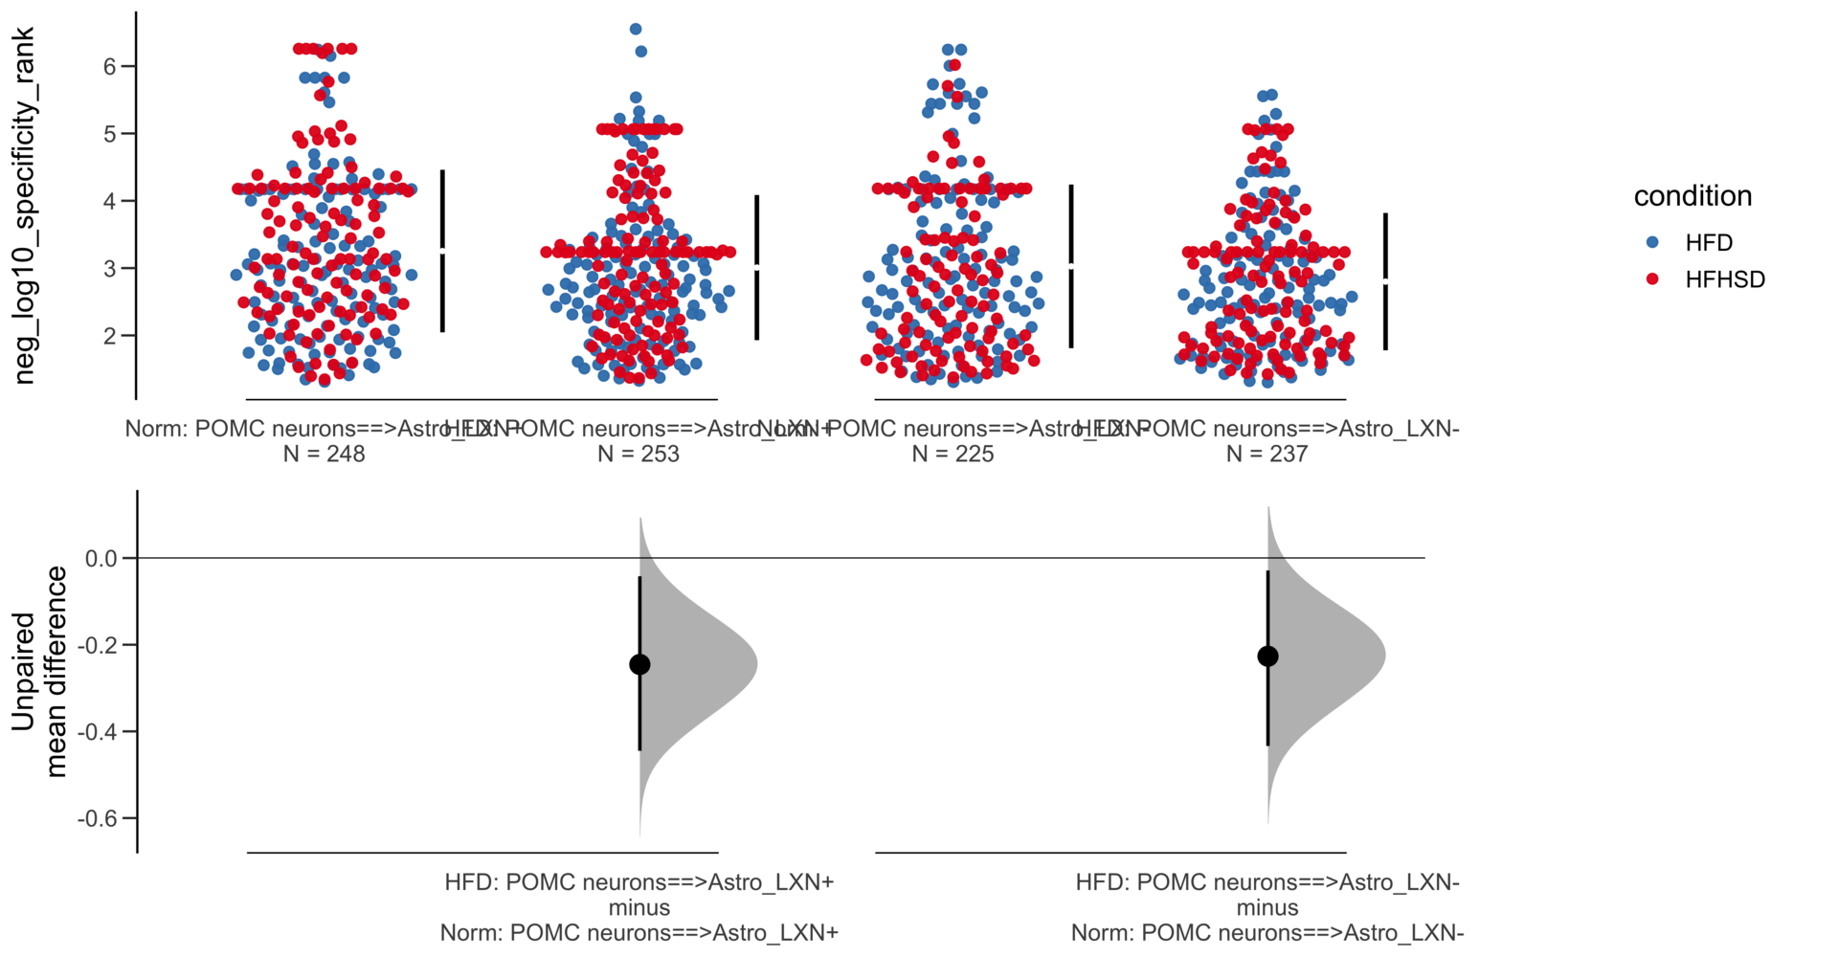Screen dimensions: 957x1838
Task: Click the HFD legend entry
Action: [x=1708, y=243]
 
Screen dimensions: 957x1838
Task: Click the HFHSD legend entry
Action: [x=1723, y=279]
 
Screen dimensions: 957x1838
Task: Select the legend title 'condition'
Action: [x=1692, y=196]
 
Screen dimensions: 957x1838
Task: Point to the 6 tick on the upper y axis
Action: [x=111, y=66]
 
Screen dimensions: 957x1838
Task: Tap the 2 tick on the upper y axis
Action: [x=111, y=336]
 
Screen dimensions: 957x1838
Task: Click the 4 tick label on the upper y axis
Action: [x=111, y=201]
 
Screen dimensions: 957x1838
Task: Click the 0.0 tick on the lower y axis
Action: [x=101, y=558]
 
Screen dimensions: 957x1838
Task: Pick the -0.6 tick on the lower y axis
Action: [x=97, y=818]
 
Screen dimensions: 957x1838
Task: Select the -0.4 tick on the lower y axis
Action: [x=97, y=732]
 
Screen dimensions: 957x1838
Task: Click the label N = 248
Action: [x=324, y=454]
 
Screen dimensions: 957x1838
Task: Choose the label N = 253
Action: [x=639, y=454]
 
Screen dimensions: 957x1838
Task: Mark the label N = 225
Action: [x=953, y=454]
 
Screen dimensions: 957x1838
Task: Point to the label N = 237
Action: [x=1266, y=454]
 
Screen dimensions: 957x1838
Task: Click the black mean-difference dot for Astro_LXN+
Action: [x=639, y=664]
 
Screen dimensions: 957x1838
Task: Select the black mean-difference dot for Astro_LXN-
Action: [x=1267, y=656]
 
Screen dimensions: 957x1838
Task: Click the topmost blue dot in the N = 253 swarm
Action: [x=636, y=30]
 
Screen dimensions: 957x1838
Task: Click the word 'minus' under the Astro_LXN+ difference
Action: [x=639, y=907]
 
